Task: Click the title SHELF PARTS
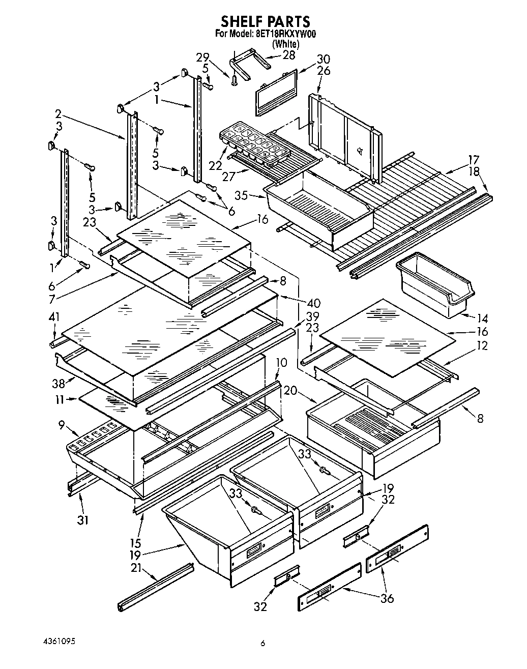pyautogui.click(x=265, y=21)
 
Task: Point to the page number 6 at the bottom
pyautogui.click(x=263, y=644)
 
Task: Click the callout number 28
pyautogui.click(x=289, y=55)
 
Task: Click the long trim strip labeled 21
pyautogui.click(x=155, y=587)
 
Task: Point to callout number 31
pyautogui.click(x=82, y=520)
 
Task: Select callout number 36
pyautogui.click(x=387, y=598)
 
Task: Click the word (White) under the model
pyautogui.click(x=285, y=44)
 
